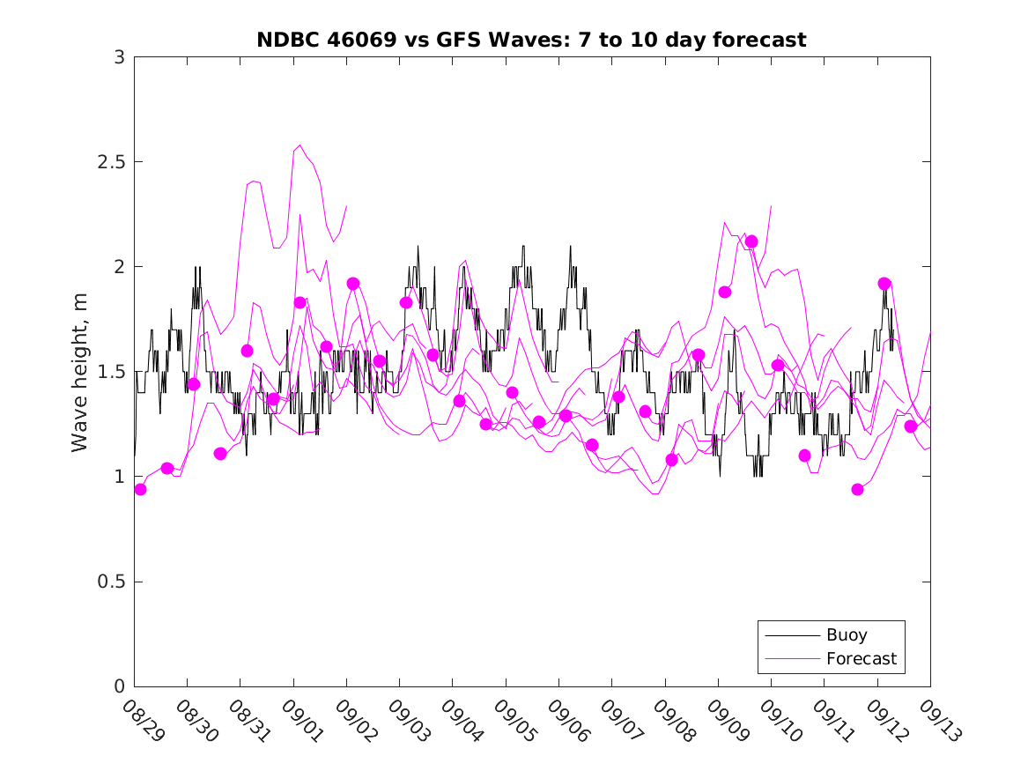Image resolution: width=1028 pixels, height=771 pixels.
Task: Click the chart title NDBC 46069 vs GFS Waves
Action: click(531, 40)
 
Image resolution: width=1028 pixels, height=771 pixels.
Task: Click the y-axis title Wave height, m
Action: click(80, 372)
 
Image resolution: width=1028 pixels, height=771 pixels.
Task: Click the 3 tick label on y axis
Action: click(119, 57)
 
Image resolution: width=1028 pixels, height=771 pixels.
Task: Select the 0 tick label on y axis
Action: click(119, 686)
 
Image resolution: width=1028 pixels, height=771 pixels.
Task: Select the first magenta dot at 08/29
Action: click(140, 489)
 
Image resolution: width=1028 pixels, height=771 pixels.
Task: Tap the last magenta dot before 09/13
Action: click(911, 426)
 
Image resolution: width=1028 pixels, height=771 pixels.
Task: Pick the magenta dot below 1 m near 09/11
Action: click(858, 489)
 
